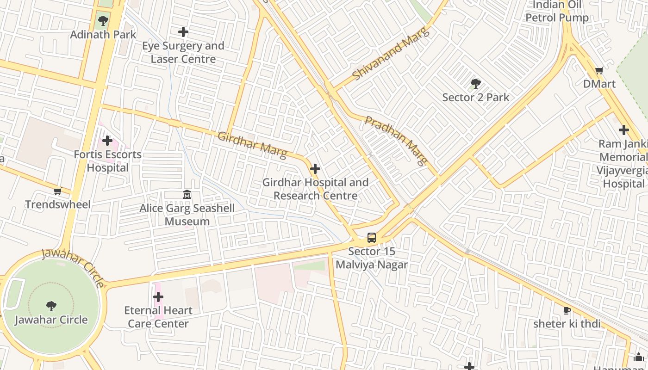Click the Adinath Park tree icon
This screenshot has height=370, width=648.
click(103, 20)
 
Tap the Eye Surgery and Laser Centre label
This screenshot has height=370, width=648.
click(183, 52)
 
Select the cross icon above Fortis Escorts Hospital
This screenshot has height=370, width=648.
click(107, 140)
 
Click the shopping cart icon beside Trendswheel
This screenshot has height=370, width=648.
click(57, 191)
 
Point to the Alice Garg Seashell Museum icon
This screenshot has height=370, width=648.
click(187, 195)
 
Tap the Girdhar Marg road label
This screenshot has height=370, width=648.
click(252, 144)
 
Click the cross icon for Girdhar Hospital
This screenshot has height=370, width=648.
click(315, 169)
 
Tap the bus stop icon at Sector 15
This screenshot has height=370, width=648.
click(372, 238)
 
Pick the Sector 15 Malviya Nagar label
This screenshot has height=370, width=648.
click(372, 258)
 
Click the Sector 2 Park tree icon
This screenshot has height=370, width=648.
click(475, 84)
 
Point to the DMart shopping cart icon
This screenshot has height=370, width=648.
click(599, 71)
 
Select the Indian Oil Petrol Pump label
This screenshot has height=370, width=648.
click(557, 12)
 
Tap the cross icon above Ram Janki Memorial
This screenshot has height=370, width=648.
click(623, 130)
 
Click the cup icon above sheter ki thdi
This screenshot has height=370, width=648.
click(567, 310)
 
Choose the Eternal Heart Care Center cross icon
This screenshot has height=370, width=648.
click(158, 296)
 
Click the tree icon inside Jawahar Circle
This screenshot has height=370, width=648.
click(51, 306)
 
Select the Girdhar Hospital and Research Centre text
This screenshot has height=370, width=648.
click(315, 189)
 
